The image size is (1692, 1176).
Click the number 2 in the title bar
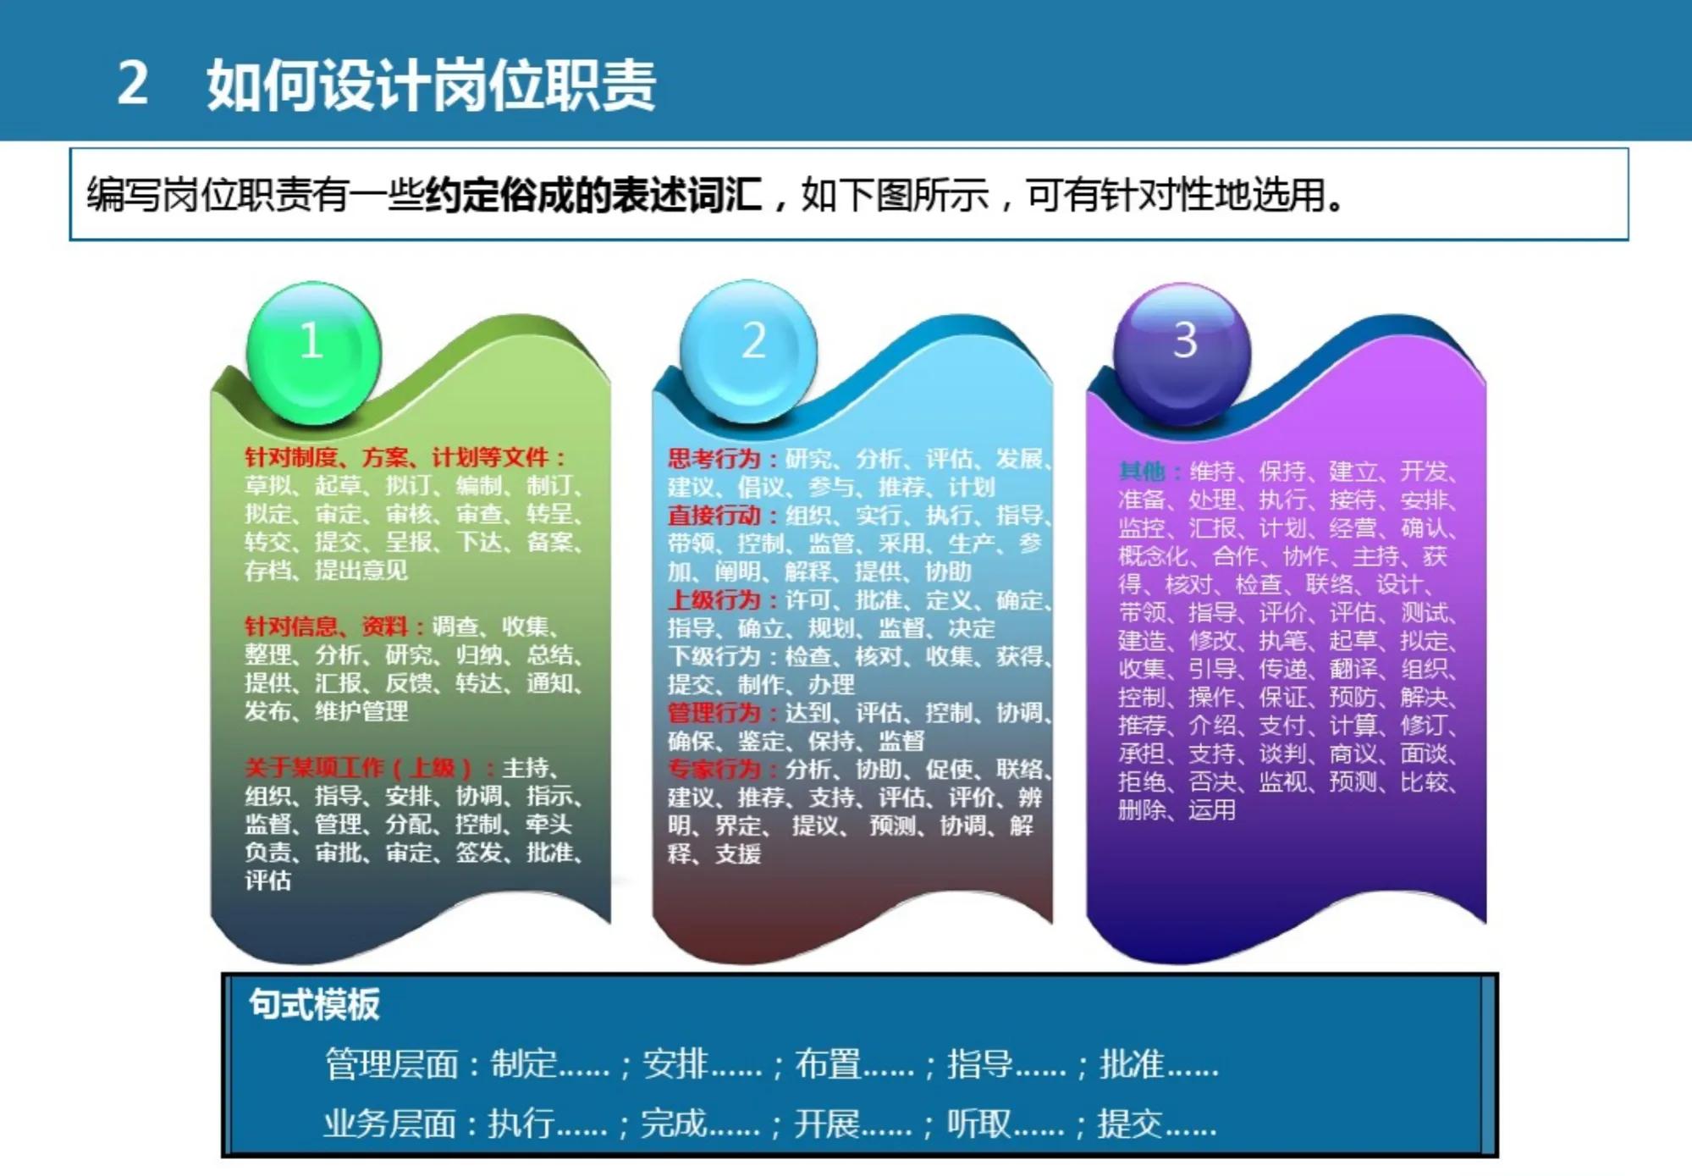click(x=133, y=84)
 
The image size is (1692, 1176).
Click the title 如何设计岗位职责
click(x=431, y=86)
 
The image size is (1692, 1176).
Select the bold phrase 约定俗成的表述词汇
click(x=593, y=195)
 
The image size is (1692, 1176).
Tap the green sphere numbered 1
click(x=312, y=351)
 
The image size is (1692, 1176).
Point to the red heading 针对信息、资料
click(x=327, y=627)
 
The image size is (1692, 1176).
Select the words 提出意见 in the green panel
click(x=361, y=571)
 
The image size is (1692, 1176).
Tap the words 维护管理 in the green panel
click(x=361, y=711)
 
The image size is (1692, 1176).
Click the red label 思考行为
click(x=714, y=459)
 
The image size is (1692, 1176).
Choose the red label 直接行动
click(x=714, y=516)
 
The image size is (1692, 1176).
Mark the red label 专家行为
click(x=714, y=769)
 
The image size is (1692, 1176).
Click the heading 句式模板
click(x=314, y=1005)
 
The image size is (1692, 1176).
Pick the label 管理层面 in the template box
click(x=391, y=1064)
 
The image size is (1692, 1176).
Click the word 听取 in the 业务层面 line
click(x=978, y=1124)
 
